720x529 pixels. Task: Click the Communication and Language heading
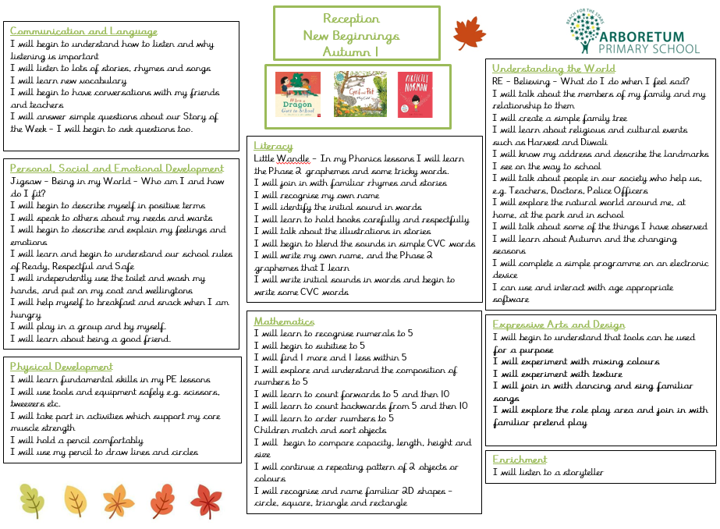tap(83, 32)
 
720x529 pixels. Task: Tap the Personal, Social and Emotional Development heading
tap(117, 168)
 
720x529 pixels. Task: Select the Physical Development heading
tap(62, 366)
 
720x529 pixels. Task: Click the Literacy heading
tap(274, 146)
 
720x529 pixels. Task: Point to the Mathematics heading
tap(285, 321)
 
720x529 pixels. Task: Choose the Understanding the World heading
tap(554, 69)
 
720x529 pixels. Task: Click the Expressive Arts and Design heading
tap(559, 325)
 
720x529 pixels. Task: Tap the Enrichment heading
tap(520, 460)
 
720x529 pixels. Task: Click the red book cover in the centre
tap(415, 94)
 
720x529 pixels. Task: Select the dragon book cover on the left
tap(298, 94)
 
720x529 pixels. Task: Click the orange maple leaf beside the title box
tap(470, 34)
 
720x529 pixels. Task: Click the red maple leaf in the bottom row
tap(206, 499)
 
